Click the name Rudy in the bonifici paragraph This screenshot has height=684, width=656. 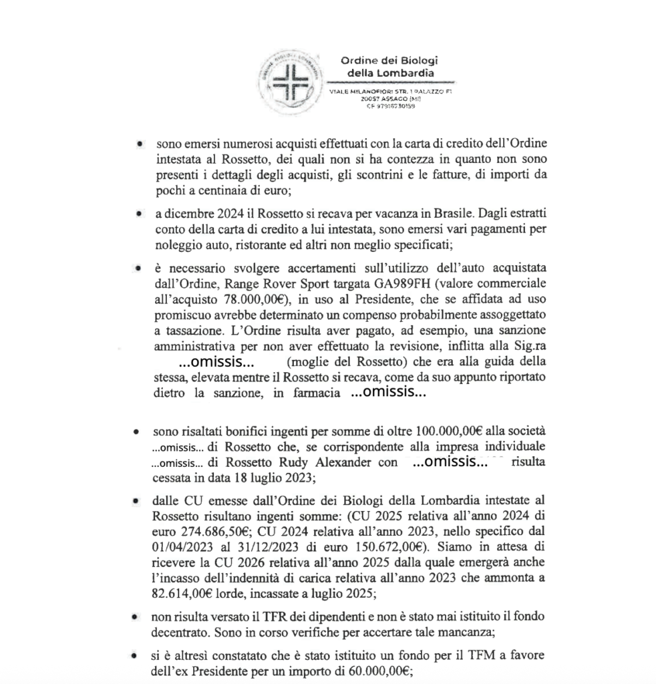(296, 462)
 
